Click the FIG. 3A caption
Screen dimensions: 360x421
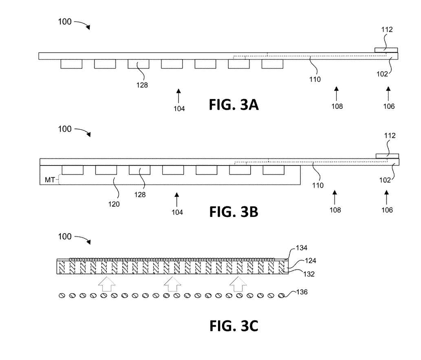(234, 105)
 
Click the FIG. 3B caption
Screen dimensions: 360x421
(234, 212)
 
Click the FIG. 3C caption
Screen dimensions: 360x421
(234, 326)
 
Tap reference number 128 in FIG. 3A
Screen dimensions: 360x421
(142, 85)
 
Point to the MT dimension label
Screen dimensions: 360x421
(50, 179)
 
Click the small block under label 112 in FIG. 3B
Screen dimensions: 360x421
(387, 156)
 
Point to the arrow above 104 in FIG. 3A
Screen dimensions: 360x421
(178, 97)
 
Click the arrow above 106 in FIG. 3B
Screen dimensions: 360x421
(386, 197)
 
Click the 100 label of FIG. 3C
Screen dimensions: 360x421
(65, 237)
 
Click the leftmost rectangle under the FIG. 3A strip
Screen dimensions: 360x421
(71, 64)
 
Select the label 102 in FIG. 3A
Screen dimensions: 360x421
(382, 74)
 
